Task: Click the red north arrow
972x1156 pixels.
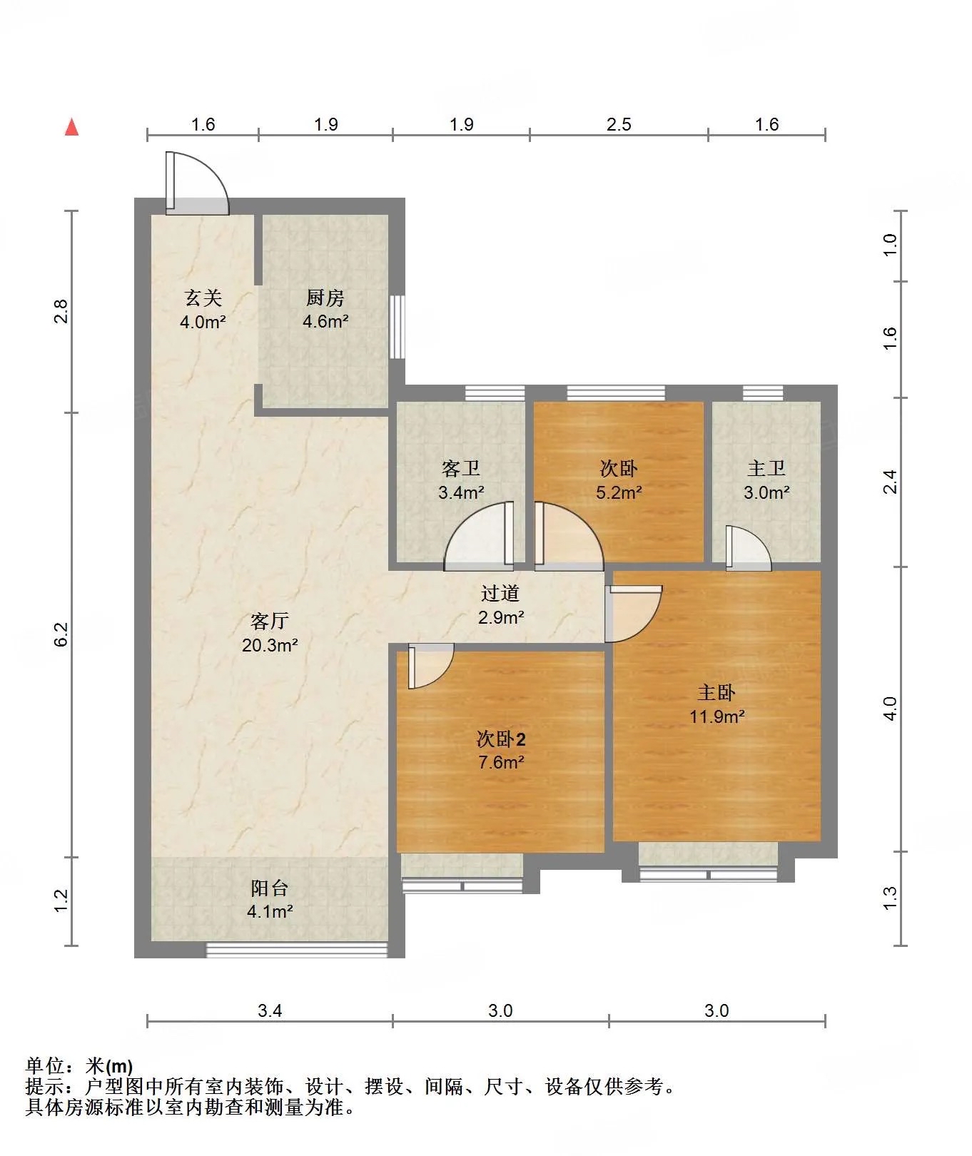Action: coord(71,127)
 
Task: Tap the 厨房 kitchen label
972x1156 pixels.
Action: coord(325,298)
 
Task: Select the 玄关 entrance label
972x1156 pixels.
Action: coord(203,298)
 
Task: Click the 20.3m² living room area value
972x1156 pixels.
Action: coord(270,645)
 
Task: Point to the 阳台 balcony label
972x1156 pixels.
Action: coord(270,888)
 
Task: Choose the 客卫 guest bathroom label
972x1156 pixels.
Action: coord(461,468)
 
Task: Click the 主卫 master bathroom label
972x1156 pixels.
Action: coord(766,468)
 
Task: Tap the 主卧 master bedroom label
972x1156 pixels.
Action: coord(717,692)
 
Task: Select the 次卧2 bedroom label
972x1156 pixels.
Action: coord(501,739)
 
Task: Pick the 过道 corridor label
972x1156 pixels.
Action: coord(500,593)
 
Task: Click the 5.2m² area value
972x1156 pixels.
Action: coord(619,492)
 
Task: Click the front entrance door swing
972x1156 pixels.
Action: coord(198,183)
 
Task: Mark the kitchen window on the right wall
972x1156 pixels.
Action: coord(397,327)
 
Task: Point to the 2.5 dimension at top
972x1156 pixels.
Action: coord(619,124)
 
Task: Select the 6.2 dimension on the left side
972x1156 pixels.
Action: coord(61,634)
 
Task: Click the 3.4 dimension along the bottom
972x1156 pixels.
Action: coord(270,1010)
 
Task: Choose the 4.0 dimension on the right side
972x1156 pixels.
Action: coord(889,709)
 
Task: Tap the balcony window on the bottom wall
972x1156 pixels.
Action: coord(297,950)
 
